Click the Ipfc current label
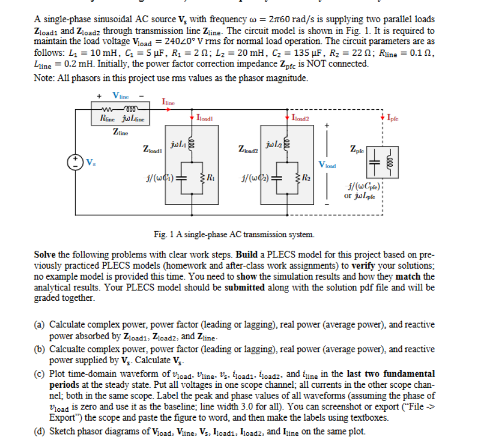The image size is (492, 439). (394, 118)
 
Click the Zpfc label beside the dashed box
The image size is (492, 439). (358, 149)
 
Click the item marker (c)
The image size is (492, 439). (41, 374)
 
